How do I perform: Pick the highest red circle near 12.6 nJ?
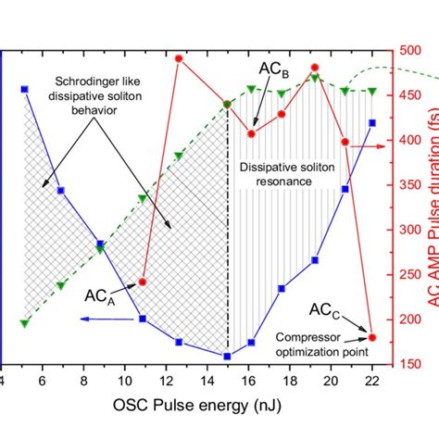[179, 58]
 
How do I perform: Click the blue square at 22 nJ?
[372, 122]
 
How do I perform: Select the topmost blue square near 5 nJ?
[24, 89]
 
